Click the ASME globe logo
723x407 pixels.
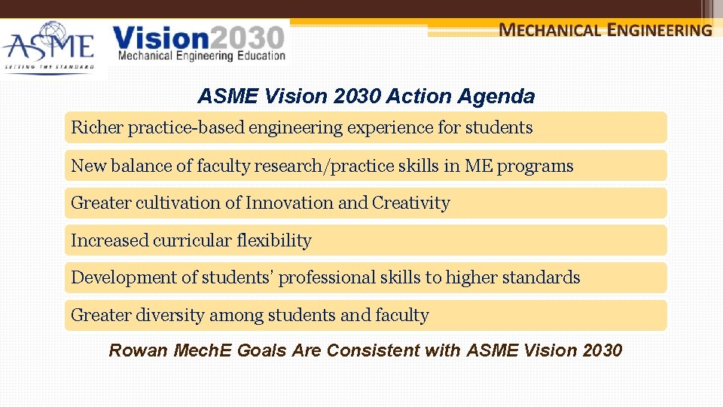(x=48, y=45)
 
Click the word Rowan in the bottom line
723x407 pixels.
(x=139, y=350)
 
